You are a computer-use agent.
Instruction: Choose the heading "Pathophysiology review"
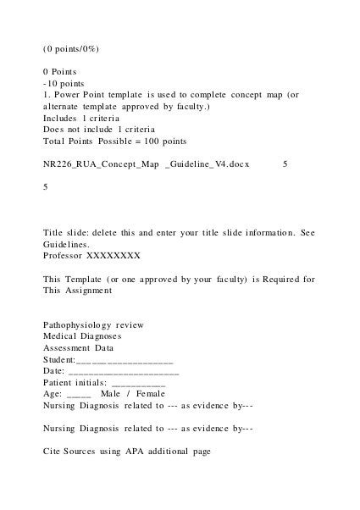tap(93, 324)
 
